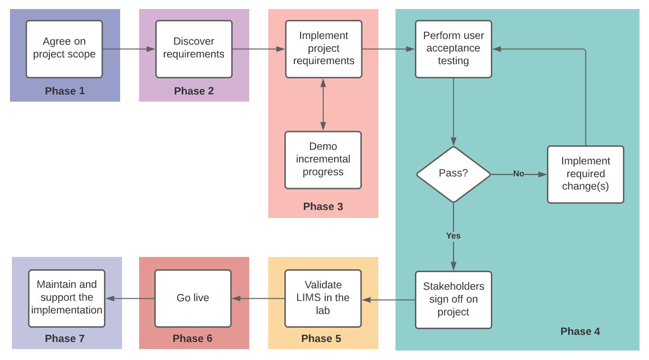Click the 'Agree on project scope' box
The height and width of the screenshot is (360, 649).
coord(64,49)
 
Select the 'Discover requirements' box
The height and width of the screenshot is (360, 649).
coord(194,49)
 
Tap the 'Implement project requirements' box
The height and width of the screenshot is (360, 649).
coord(324,49)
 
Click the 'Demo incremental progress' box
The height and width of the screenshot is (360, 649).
coord(323,160)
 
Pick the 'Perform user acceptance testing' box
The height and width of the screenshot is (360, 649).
coord(453,49)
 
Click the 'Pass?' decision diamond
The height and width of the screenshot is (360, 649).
coord(453,174)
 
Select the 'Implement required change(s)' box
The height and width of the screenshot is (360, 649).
coord(585,174)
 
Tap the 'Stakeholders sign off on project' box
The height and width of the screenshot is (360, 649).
coord(453,300)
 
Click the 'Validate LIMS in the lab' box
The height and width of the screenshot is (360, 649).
coord(323,298)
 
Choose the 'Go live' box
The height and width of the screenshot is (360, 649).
coord(193,298)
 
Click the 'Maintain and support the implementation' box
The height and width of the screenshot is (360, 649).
coord(66,298)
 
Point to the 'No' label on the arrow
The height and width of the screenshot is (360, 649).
coord(518,174)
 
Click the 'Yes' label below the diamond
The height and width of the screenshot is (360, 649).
coord(453,236)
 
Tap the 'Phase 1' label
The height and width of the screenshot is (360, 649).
coord(65,91)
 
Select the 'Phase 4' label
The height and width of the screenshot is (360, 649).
coord(580,332)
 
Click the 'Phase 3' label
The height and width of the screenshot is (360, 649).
coord(323,207)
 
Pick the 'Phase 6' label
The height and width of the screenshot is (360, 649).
coord(193,338)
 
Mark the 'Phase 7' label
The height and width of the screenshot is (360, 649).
coord(65,338)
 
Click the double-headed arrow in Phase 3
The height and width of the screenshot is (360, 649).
coord(323,104)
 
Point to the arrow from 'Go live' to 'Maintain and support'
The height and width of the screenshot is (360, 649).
coord(130,298)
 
